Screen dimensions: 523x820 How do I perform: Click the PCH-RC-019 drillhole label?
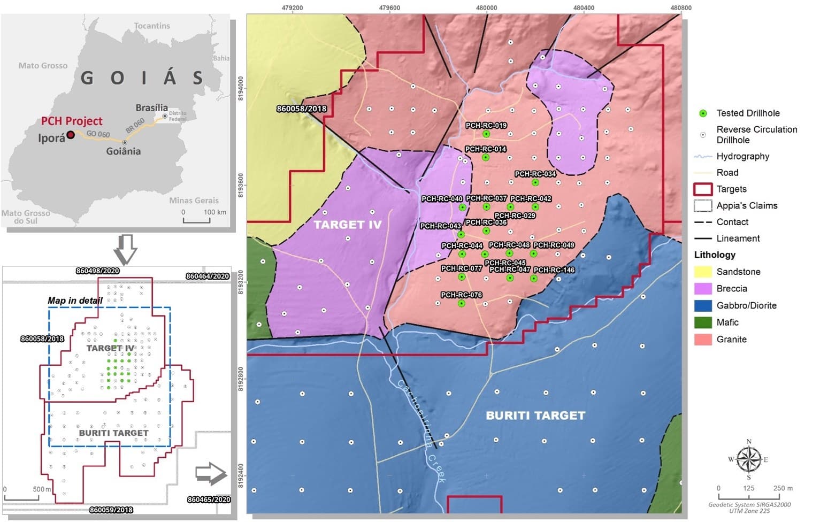coord(486,126)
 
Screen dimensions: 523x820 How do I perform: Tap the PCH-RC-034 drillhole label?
coord(535,174)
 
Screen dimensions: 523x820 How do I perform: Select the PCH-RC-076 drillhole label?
coord(461,295)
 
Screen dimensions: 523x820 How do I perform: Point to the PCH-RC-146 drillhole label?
coord(554,270)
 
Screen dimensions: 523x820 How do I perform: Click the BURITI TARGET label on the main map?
coord(535,416)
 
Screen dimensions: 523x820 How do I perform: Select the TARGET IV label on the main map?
coord(347,225)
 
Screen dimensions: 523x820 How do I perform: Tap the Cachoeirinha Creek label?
coord(420,430)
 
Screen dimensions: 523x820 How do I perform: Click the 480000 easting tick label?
coord(486,8)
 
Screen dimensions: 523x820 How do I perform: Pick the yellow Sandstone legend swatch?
coord(702,272)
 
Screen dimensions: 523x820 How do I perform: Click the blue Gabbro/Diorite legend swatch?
coord(702,305)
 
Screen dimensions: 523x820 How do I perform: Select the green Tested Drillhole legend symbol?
coord(703,113)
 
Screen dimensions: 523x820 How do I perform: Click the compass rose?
coord(748,459)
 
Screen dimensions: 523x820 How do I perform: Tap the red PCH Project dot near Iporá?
coord(71,135)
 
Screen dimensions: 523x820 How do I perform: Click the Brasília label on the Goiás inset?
coord(151,108)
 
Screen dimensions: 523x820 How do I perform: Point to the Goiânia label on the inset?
coord(123,151)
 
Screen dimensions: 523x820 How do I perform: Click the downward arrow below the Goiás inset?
coord(126,249)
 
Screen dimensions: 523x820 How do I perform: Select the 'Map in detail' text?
coord(75,301)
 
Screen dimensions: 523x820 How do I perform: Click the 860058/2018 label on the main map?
coord(301,109)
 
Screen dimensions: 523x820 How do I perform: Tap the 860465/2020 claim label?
coord(209,499)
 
